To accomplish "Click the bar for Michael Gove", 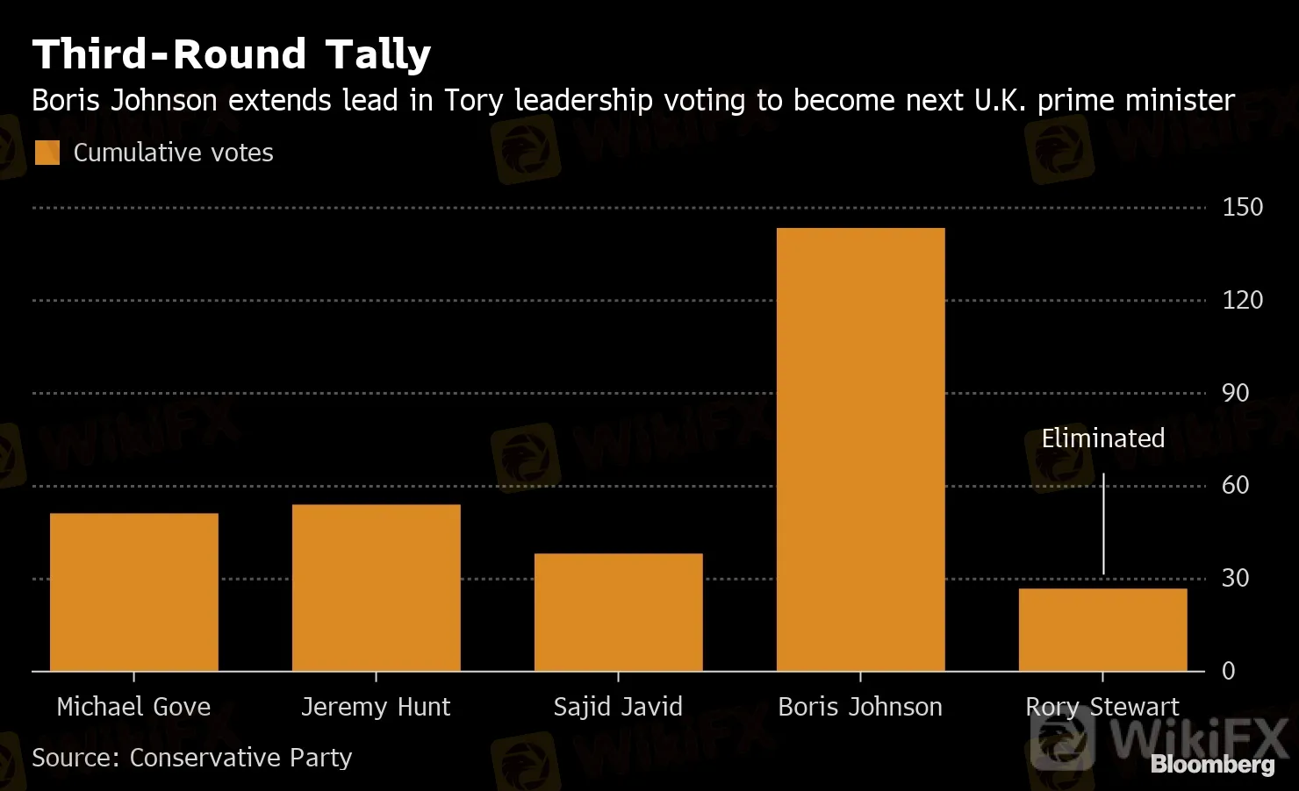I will [133, 592].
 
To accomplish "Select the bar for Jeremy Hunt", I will [376, 588].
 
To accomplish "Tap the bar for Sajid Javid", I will [618, 612].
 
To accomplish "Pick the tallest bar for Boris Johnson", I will [860, 449].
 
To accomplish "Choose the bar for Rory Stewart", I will [1102, 630].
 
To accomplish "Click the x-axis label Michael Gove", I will [133, 707].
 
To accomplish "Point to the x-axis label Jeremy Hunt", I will [376, 707].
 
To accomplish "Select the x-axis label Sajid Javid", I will [618, 707].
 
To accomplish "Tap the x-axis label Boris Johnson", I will [860, 707].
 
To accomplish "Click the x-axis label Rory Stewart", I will [1102, 707].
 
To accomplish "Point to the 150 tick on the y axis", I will [1242, 208].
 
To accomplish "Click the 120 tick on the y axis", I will [1242, 300].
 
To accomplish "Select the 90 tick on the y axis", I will [1235, 393].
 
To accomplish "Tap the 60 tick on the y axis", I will [1235, 485].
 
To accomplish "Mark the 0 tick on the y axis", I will [1229, 671].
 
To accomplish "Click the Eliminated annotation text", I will [1102, 438].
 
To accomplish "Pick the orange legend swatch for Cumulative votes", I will [47, 153].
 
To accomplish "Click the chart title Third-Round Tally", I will [232, 54].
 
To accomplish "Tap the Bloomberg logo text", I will [1212, 765].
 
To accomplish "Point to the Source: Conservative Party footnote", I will [191, 758].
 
